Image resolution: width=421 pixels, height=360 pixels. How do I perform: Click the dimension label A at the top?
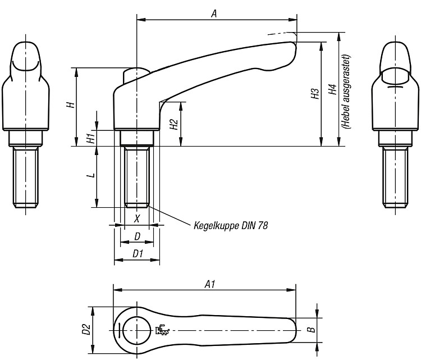[x=214, y=13]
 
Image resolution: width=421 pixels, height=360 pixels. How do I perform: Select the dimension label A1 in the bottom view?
[x=210, y=284]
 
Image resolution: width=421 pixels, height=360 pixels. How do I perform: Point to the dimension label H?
[x=71, y=104]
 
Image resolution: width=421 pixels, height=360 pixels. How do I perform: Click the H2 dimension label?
[x=175, y=124]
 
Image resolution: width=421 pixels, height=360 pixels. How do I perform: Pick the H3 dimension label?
[x=315, y=94]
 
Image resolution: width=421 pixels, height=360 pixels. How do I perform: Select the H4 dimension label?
[x=333, y=89]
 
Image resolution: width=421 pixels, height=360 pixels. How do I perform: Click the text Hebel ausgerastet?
[x=346, y=92]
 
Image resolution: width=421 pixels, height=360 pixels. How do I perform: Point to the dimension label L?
[x=92, y=175]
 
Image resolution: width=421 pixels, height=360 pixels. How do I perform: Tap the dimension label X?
[x=137, y=218]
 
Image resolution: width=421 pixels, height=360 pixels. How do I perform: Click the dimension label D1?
[x=138, y=254]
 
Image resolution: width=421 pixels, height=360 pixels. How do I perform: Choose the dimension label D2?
[x=86, y=329]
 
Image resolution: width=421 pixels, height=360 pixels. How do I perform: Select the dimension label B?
[x=312, y=329]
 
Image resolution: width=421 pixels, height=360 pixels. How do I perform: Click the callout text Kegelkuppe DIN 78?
[x=231, y=226]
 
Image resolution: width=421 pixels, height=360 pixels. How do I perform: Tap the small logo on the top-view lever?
[x=163, y=329]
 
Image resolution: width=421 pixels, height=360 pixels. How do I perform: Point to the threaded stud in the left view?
[x=25, y=178]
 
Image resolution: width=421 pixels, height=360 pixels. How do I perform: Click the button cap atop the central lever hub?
[x=136, y=75]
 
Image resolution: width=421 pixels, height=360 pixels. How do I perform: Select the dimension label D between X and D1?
[x=137, y=236]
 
